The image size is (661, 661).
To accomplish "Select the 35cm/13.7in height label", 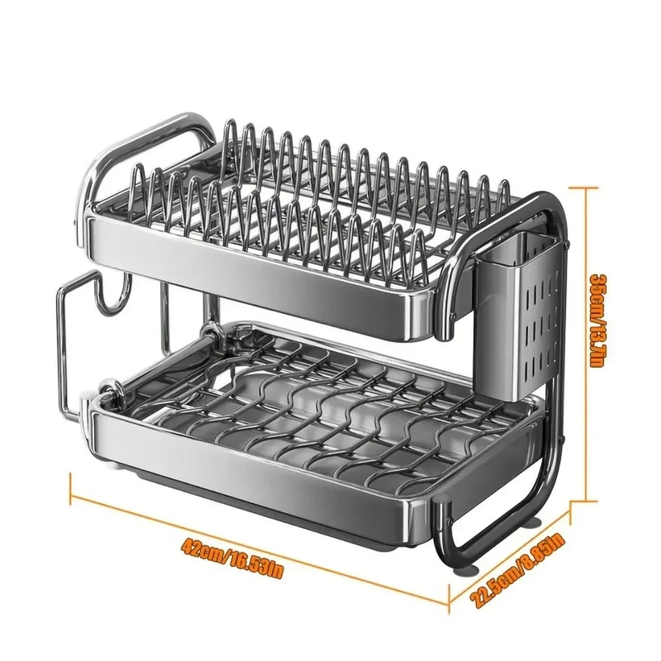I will pyautogui.click(x=600, y=320).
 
